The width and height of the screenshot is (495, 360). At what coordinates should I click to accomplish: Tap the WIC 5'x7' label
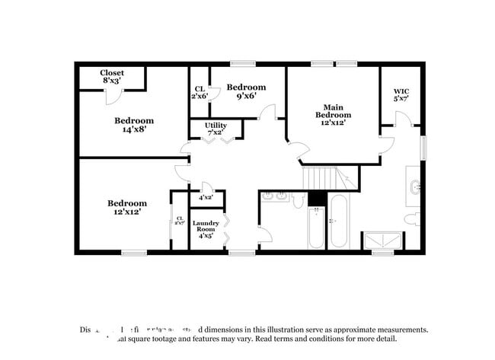point(401,95)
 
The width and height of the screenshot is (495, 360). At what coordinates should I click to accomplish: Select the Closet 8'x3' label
point(112,77)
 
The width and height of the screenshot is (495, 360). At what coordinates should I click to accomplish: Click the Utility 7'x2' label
point(216,129)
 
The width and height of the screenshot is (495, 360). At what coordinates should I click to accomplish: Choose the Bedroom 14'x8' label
point(134,125)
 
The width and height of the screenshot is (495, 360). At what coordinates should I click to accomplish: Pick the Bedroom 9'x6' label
point(246,91)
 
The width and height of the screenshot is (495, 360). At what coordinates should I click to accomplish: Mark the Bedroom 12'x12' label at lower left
point(126,208)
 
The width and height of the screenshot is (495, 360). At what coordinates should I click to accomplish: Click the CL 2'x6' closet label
point(200,93)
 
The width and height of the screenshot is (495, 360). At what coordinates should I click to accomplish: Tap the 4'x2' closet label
point(206,198)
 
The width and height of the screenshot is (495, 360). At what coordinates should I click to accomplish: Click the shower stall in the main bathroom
point(383,241)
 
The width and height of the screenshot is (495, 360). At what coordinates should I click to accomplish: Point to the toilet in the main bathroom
point(412,220)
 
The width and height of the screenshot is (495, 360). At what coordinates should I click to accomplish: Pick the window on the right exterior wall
point(425,146)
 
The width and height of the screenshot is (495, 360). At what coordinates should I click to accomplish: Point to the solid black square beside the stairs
point(318,199)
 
